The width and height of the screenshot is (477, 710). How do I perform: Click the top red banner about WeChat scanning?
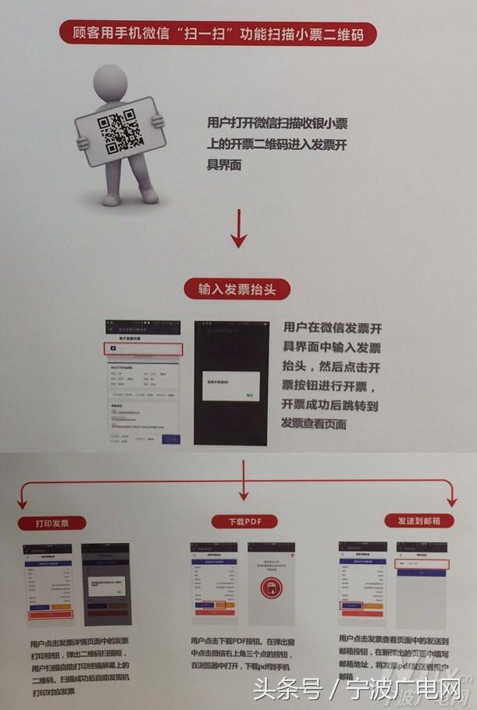219,34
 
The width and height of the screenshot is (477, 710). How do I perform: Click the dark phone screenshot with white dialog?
232,382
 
